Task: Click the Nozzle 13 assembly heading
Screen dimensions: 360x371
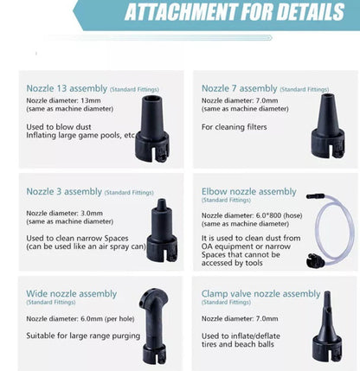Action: click(67, 88)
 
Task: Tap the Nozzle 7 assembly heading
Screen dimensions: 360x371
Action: click(239, 88)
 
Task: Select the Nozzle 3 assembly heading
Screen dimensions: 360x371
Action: click(64, 192)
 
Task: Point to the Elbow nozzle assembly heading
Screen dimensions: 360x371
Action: click(248, 192)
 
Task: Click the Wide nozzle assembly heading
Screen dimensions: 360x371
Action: click(72, 294)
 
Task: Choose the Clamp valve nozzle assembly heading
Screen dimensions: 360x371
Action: click(260, 294)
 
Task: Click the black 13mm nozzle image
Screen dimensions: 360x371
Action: click(152, 129)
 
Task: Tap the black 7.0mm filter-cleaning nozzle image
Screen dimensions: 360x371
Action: click(328, 126)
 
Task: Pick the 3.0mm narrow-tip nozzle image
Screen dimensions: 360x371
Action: click(162, 230)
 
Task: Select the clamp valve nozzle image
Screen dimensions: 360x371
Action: click(327, 326)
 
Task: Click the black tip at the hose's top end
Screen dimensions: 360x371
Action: click(316, 196)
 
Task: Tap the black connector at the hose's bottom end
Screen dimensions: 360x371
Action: click(315, 260)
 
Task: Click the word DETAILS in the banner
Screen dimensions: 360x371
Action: click(311, 12)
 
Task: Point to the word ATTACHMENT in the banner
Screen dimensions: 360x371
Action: click(181, 12)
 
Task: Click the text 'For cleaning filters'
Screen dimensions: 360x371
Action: click(234, 127)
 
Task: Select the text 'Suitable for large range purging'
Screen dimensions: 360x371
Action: click(83, 336)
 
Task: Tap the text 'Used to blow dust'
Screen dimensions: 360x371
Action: click(59, 127)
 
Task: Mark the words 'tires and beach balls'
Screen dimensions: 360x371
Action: click(238, 344)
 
